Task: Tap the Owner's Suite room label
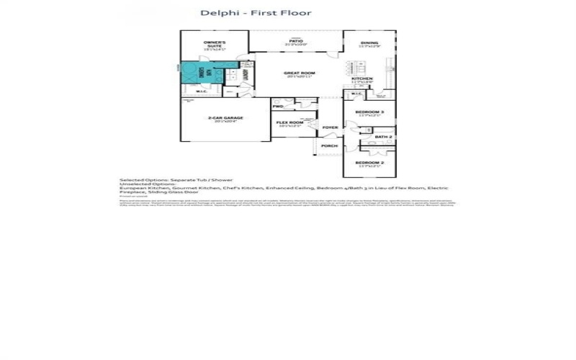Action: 215,44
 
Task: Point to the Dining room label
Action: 369,44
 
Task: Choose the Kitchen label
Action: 362,78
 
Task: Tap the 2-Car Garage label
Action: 225,118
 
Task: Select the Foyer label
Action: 330,127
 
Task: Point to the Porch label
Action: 329,145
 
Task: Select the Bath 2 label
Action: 384,136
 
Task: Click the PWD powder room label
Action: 278,107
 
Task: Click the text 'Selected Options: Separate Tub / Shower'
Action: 163,179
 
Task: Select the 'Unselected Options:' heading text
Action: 140,184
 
